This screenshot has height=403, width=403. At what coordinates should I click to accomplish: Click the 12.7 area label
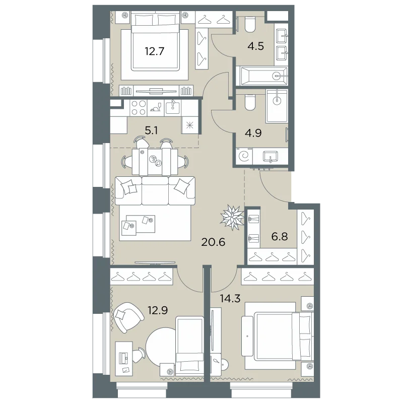tap(154, 51)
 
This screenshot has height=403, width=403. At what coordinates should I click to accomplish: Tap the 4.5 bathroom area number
tap(256, 46)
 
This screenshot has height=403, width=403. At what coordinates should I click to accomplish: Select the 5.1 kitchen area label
tap(151, 130)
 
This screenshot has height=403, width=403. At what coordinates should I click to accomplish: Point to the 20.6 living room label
tap(213, 242)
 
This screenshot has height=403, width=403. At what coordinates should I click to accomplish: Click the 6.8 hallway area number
tap(280, 236)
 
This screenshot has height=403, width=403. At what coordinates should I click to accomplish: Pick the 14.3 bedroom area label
tap(230, 298)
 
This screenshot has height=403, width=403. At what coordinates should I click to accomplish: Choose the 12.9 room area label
tap(158, 310)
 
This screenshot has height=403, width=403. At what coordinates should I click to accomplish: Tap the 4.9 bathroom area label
tap(253, 133)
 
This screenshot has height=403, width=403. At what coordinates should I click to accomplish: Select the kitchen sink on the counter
tap(173, 107)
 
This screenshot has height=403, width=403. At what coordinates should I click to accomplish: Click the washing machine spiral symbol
tap(243, 156)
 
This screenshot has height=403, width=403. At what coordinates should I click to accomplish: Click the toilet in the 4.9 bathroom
tap(249, 102)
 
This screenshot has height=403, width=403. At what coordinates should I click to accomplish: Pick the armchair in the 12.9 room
tap(128, 317)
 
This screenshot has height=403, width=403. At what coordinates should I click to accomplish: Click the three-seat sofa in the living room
tap(155, 191)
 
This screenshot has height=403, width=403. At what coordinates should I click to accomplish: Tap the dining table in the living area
tap(155, 162)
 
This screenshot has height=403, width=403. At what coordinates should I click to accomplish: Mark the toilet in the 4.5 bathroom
tap(249, 24)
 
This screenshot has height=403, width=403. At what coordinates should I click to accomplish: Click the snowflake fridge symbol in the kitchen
tap(190, 125)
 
